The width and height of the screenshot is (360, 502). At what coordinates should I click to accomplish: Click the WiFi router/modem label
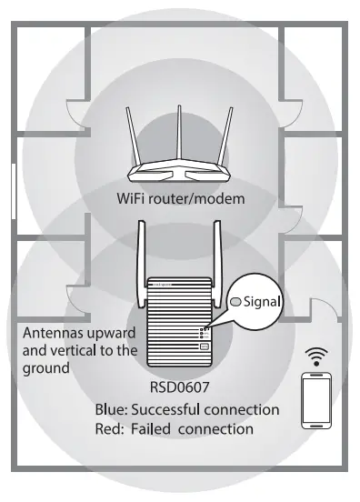click(x=180, y=197)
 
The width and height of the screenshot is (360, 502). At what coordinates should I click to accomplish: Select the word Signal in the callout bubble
click(x=265, y=301)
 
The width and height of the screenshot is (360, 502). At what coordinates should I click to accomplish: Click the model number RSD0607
click(x=179, y=387)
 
